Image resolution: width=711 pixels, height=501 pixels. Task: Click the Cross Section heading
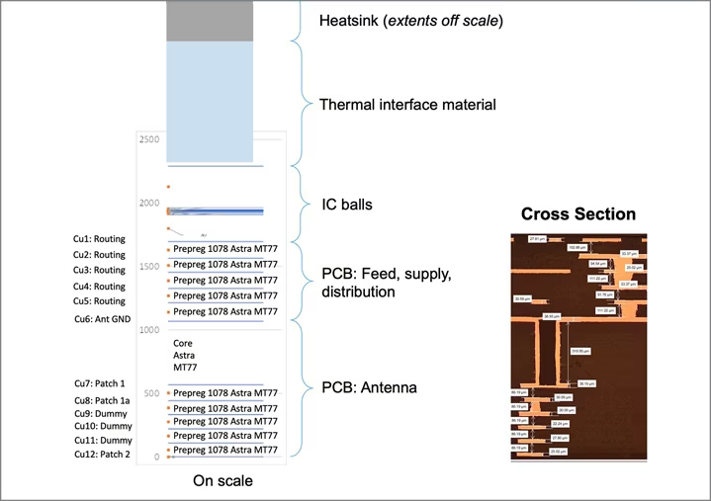(x=578, y=214)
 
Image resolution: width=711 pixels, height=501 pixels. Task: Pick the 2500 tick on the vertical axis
(x=148, y=139)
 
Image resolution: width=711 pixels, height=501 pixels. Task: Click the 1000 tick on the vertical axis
(x=148, y=330)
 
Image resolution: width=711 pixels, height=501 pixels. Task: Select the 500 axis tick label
(x=151, y=393)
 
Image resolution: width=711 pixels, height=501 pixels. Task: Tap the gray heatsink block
(x=209, y=21)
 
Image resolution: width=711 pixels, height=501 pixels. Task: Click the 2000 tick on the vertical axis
(x=148, y=204)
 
